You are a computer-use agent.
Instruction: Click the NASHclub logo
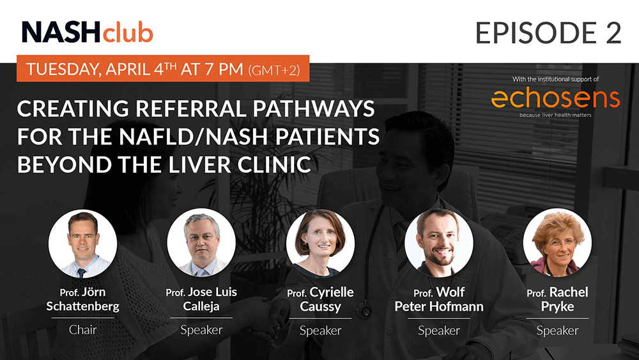click(x=87, y=32)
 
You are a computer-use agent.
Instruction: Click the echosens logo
click(x=555, y=98)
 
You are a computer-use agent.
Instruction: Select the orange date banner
click(x=163, y=68)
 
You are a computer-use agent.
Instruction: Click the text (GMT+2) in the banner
click(x=274, y=70)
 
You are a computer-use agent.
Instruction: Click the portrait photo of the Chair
click(x=82, y=244)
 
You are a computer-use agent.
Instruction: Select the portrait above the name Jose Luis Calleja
click(x=201, y=244)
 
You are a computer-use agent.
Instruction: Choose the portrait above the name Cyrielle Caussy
click(x=320, y=244)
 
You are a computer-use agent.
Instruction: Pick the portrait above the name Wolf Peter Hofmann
click(x=439, y=244)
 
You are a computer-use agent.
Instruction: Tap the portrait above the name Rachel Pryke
click(x=557, y=244)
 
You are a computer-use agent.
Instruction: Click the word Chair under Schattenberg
click(x=82, y=329)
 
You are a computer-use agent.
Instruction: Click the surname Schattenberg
click(x=82, y=306)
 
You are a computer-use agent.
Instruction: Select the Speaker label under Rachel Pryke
click(x=557, y=330)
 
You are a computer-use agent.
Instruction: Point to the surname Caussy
click(x=320, y=306)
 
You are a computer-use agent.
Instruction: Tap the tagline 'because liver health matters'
click(x=555, y=115)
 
